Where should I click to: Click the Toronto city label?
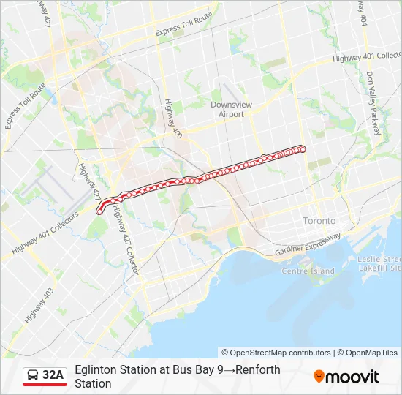click(319, 220)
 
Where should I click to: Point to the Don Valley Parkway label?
click(374, 103)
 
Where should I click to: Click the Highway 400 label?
click(172, 119)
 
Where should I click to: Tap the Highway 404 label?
click(362, 13)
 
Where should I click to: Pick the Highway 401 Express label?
click(363, 56)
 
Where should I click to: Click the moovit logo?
click(346, 377)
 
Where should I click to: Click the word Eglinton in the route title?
click(98, 369)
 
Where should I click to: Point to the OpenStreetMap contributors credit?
click(276, 353)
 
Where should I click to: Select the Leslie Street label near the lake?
click(379, 260)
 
